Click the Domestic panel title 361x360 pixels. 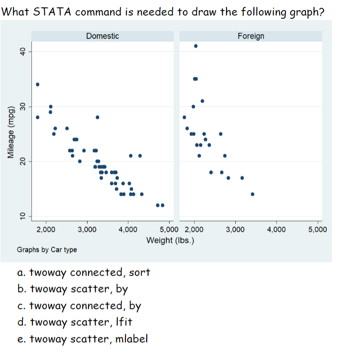103,36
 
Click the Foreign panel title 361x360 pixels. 251,36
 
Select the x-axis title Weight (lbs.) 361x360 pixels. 170,240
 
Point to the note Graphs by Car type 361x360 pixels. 47,250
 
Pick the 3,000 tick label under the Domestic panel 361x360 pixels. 87,229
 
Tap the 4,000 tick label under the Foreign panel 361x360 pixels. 277,229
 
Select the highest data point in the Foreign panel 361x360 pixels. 196,46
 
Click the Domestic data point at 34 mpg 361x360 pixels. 37,84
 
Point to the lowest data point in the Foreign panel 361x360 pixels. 253,194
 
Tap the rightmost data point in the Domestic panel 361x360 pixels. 162,205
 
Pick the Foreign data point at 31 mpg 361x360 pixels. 202,101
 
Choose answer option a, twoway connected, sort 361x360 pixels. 83,273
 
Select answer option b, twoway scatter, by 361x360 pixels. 72,289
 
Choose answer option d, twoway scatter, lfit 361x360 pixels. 74,322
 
